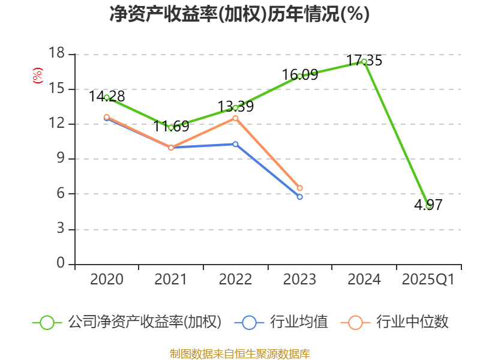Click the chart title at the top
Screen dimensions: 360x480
(239, 14)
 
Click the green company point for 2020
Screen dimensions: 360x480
(107, 97)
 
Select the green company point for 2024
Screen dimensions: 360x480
(364, 62)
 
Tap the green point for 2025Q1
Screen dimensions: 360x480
(428, 206)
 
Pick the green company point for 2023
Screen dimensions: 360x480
(300, 76)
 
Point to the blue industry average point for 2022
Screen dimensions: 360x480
(235, 144)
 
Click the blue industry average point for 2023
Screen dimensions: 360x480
(300, 197)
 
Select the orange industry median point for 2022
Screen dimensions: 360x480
(235, 118)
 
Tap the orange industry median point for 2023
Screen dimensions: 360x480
(300, 188)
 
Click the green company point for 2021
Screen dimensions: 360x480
(171, 127)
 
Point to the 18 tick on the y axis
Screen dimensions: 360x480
(56, 54)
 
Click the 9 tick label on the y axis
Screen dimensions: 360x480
(61, 159)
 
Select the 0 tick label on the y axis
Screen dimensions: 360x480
(61, 264)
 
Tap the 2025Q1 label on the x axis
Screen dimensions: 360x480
(428, 280)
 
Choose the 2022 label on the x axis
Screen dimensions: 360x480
(235, 280)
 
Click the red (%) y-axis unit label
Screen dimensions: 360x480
(38, 76)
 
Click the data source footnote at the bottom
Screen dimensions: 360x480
(239, 353)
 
